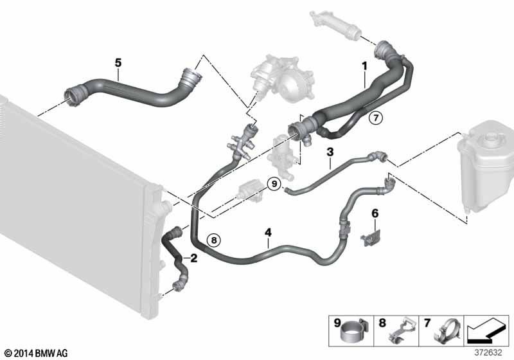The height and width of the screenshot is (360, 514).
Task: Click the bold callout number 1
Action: coord(364,66)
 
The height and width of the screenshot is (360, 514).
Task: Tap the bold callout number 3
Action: coord(330,153)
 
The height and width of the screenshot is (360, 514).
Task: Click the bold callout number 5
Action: coord(118,62)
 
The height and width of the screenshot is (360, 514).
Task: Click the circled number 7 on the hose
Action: coord(375,118)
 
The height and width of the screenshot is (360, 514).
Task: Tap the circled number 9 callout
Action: coord(274,184)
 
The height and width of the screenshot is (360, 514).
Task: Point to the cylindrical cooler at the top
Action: coord(334,25)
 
